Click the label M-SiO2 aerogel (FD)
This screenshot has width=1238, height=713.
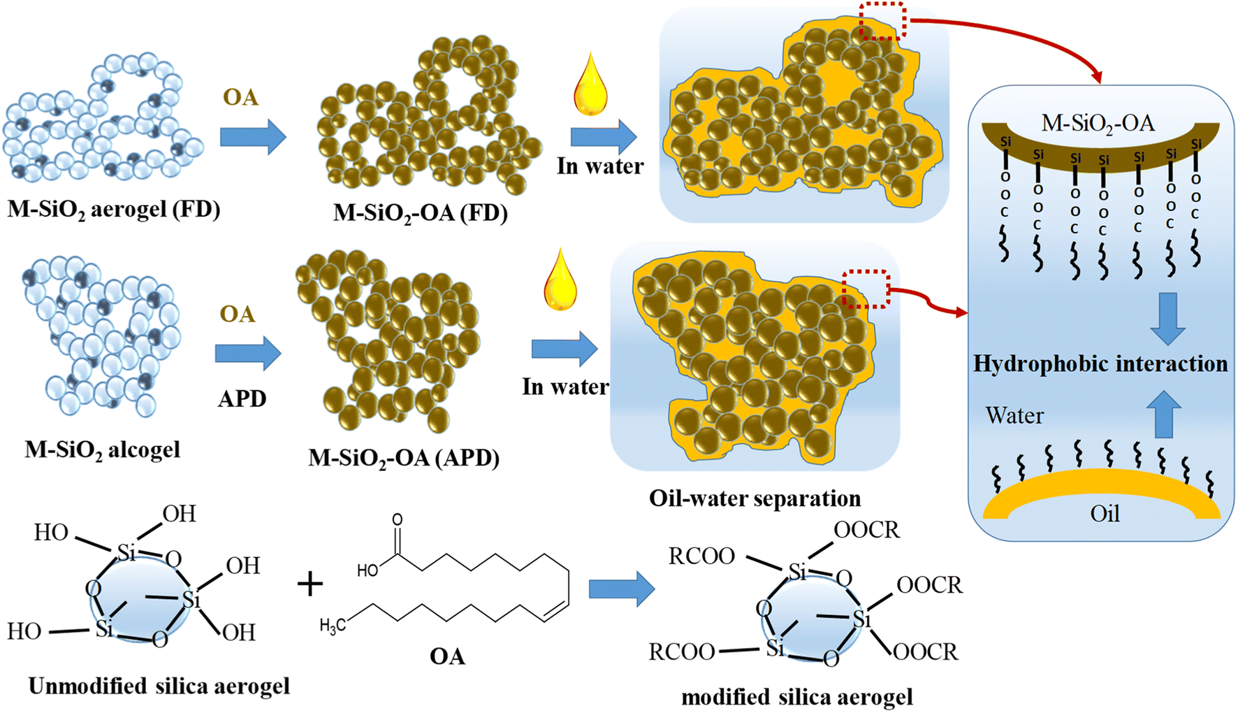[114, 209]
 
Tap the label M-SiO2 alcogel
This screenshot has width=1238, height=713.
[103, 449]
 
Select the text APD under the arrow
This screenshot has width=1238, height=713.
[242, 398]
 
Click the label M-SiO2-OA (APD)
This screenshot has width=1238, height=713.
[404, 458]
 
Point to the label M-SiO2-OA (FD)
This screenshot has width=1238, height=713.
[420, 213]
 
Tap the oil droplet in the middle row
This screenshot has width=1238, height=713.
[560, 280]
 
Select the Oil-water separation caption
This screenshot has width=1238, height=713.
[755, 498]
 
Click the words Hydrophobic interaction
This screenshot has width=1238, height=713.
[1100, 364]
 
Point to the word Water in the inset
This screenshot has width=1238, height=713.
[1014, 416]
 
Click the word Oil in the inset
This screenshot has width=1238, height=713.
[1105, 514]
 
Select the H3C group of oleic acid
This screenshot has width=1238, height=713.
[333, 626]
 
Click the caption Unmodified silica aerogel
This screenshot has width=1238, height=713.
[159, 686]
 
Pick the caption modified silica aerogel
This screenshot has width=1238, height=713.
[797, 697]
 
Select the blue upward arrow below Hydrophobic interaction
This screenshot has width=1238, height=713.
[1164, 415]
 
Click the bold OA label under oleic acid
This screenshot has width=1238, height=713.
[448, 657]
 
